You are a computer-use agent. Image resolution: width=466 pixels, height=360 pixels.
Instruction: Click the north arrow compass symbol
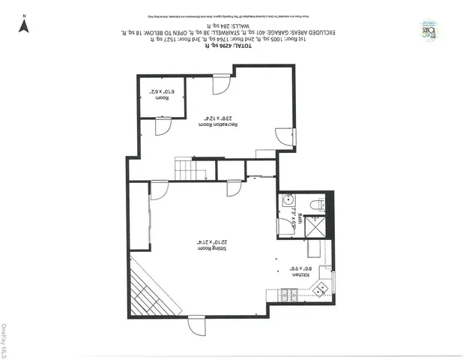[23, 25]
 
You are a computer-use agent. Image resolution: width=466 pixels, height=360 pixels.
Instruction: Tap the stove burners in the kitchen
[288, 292]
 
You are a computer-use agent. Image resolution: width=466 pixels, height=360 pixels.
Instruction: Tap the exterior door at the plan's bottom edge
[196, 327]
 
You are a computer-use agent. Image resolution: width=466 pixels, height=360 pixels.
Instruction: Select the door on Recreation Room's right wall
[283, 137]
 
